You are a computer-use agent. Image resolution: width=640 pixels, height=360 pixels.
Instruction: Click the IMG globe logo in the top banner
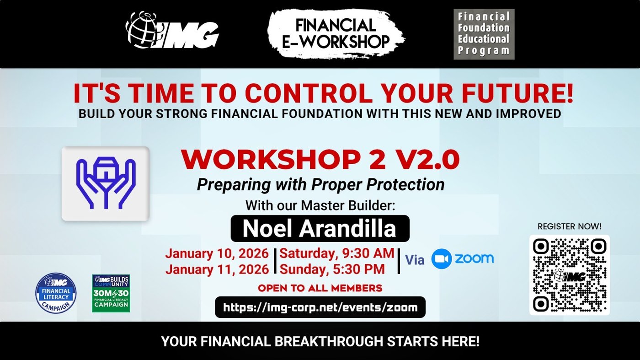coord(172,30)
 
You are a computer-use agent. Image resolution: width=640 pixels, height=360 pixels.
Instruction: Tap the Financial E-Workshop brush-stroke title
coord(336,34)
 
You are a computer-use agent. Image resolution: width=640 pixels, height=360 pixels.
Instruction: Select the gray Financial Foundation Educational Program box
coord(484,34)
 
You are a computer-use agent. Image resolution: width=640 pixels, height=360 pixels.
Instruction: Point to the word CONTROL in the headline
coord(309,93)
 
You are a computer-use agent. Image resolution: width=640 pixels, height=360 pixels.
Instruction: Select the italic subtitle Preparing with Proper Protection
coord(320,184)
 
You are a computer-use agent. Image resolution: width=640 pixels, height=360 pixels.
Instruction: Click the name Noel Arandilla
coord(320,228)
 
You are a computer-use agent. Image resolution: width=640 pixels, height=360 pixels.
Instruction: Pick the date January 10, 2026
coord(217,253)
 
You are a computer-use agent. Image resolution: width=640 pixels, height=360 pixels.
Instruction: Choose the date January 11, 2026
coord(217,269)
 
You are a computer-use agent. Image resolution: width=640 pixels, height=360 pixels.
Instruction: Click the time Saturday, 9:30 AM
coord(337,253)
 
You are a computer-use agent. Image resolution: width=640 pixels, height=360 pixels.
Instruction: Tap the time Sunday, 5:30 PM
coord(332,269)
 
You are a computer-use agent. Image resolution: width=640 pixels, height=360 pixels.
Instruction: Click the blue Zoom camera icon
coord(442,259)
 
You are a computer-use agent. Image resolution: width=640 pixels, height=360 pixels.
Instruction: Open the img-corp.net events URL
coord(320,307)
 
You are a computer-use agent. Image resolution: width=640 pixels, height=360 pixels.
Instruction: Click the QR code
coord(570,275)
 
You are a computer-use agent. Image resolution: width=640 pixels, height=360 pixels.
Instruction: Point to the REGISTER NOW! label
coord(570,226)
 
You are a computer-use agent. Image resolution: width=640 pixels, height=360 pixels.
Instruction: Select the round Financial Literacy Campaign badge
coord(56,293)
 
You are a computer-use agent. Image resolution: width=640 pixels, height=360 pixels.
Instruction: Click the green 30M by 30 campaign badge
coord(111,293)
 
